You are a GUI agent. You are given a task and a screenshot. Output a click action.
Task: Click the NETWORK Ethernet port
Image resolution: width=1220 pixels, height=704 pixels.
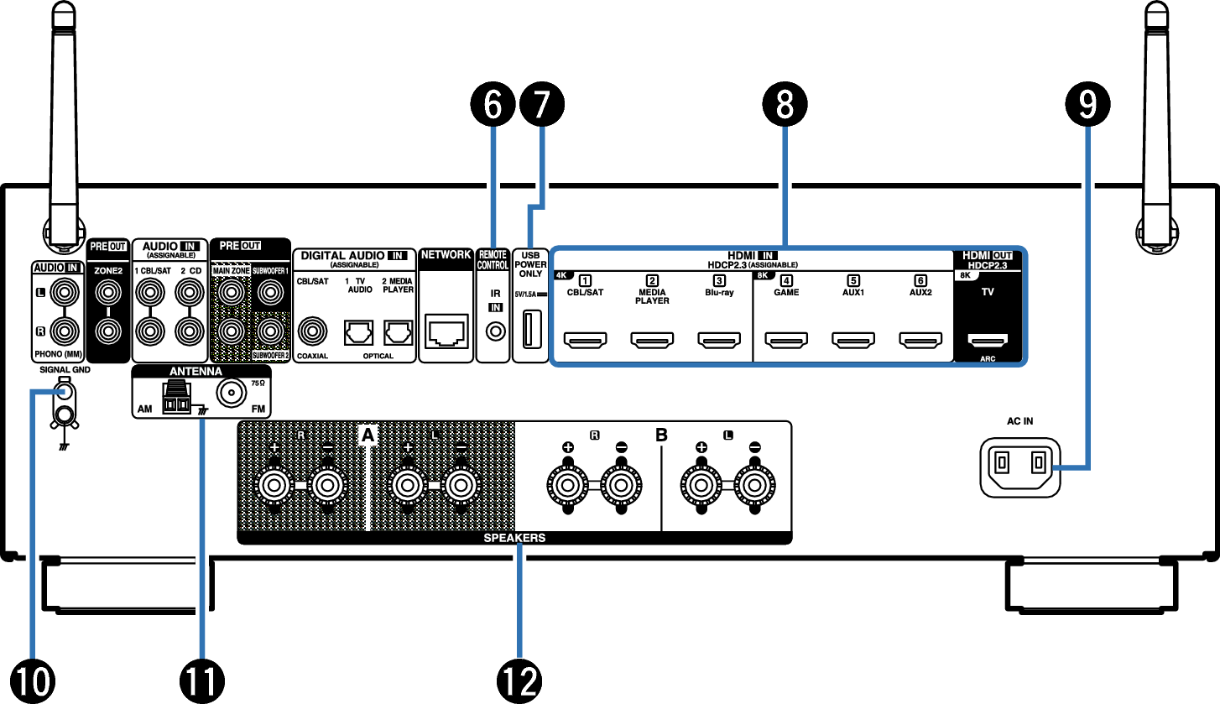446,331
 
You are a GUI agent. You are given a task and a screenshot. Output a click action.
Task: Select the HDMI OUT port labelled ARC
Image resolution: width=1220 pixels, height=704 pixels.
988,340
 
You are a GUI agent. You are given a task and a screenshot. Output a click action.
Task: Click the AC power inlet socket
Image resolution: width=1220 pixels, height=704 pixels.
1019,467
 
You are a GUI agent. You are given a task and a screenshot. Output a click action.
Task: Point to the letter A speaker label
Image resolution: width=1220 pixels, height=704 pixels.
368,435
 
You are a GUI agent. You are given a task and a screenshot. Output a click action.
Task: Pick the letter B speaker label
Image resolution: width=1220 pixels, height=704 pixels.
661,435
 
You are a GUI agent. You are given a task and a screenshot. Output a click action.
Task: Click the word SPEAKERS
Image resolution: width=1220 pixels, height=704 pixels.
514,538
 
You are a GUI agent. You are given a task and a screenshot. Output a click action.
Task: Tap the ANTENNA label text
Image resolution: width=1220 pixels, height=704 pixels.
196,371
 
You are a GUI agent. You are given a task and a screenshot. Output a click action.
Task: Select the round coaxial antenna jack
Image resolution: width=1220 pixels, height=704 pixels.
231,392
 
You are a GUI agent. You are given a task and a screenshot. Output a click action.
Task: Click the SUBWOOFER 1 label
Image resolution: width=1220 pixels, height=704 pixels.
270,271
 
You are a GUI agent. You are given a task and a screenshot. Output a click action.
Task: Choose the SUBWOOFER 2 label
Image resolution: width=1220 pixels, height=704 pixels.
270,355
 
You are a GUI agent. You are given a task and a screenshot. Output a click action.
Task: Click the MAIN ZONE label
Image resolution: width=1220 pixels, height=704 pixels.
231,271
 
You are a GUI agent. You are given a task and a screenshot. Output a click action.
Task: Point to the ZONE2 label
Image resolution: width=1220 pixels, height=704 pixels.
108,271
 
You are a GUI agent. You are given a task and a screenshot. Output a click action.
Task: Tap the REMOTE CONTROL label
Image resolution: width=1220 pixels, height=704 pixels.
493,260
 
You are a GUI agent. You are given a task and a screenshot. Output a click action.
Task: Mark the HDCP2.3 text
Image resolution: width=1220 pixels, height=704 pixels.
987,265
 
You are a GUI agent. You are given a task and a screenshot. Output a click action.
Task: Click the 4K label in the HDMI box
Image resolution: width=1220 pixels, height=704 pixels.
561,275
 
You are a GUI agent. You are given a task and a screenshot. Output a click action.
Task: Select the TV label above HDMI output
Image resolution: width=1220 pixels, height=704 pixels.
988,292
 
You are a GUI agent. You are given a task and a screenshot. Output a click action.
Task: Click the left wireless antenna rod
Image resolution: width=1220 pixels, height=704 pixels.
64,126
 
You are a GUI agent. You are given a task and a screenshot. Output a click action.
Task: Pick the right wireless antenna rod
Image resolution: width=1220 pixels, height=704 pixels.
1157,126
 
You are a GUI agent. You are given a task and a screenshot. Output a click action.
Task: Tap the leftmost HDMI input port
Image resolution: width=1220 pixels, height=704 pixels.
585,340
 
